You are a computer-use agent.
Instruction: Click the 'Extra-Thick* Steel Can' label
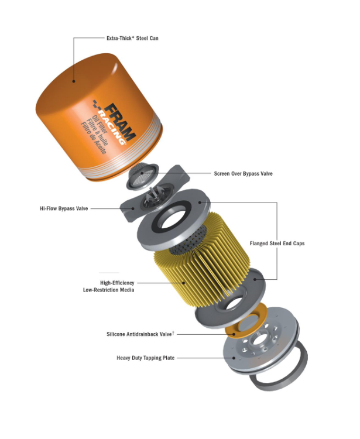point(132,38)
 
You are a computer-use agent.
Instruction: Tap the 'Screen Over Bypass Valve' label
point(243,174)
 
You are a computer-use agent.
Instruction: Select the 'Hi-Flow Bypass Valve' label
point(64,208)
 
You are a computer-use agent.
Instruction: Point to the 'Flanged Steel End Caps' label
point(277,243)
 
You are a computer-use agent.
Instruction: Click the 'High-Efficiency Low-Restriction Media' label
point(109,286)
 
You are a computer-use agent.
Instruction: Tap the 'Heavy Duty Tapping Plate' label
point(146,358)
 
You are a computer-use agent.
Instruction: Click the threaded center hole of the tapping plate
point(258,339)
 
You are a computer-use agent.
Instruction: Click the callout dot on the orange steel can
point(74,81)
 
